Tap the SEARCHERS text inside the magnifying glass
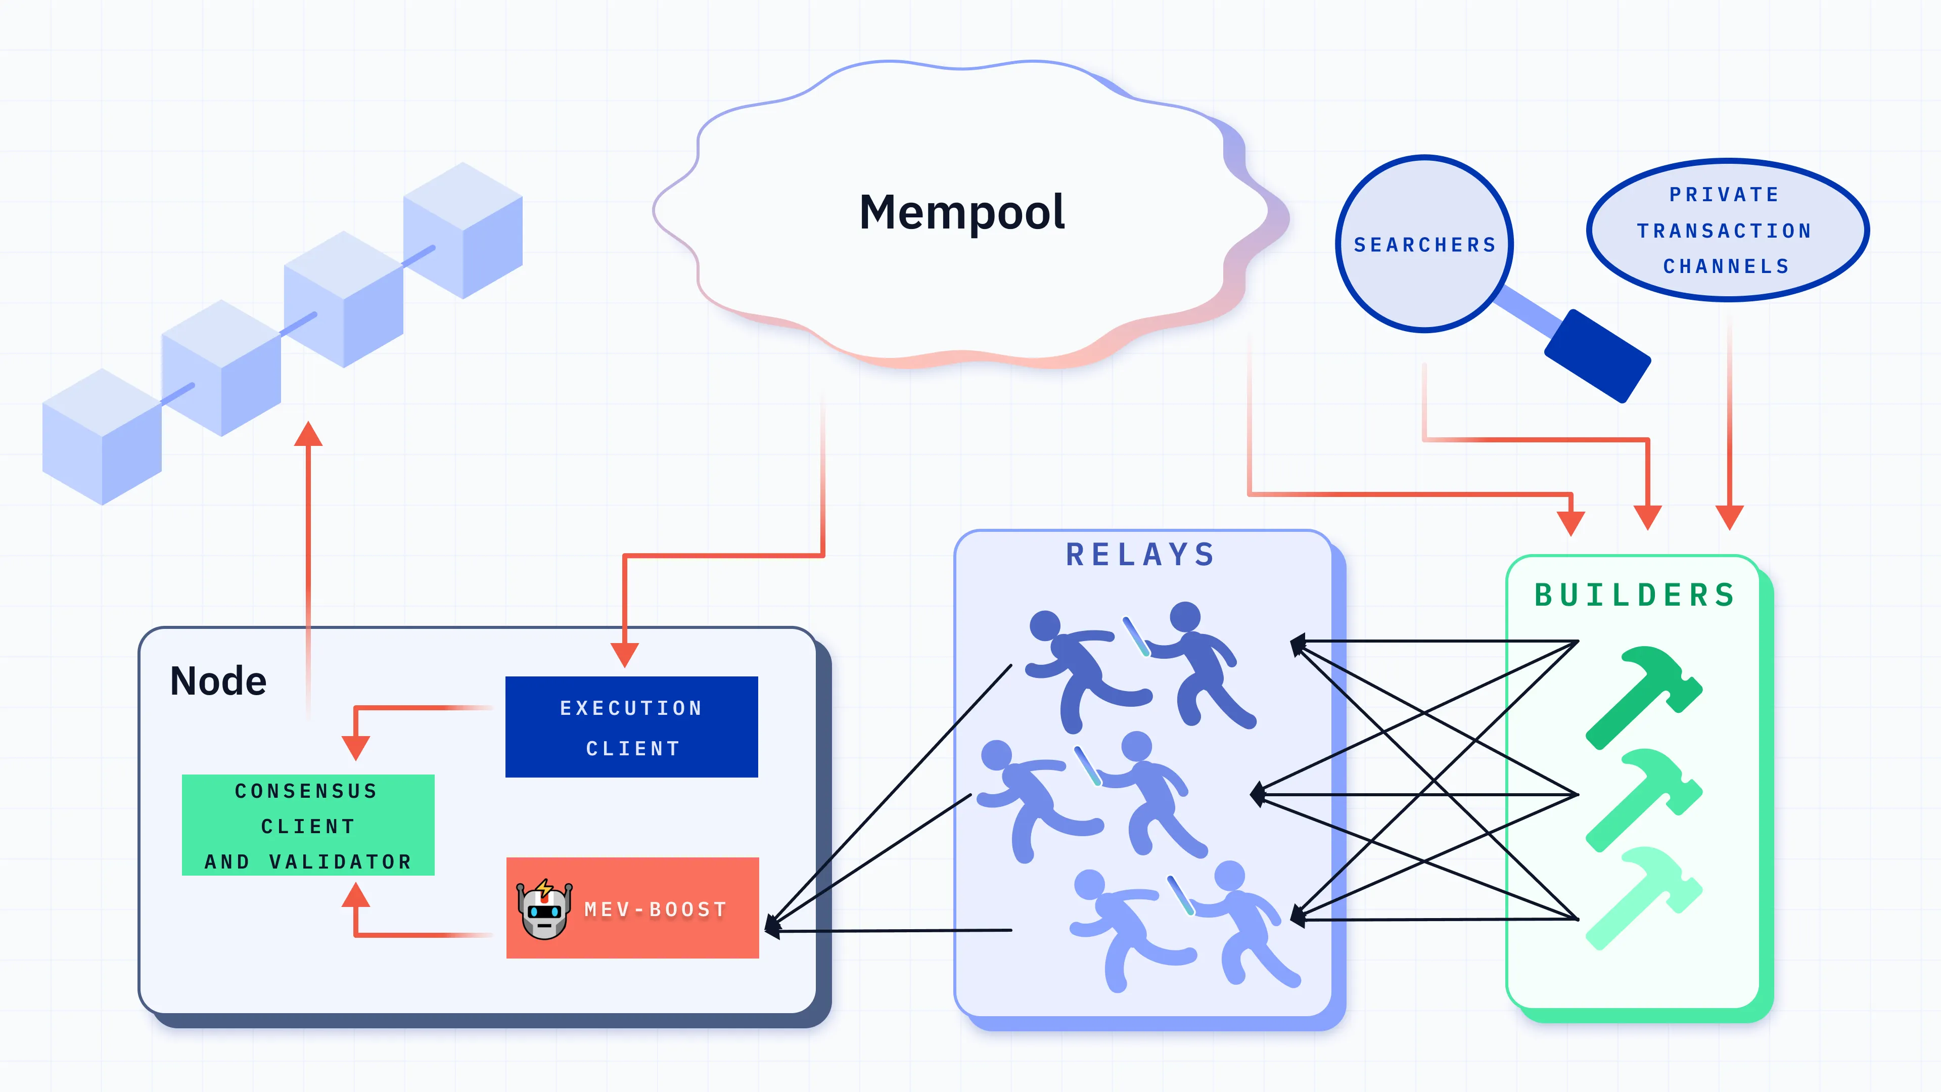(1424, 245)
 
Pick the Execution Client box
(631, 727)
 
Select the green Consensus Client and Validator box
(308, 825)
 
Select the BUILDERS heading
(1636, 596)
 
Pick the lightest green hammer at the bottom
(1643, 897)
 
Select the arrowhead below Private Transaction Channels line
(1729, 517)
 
